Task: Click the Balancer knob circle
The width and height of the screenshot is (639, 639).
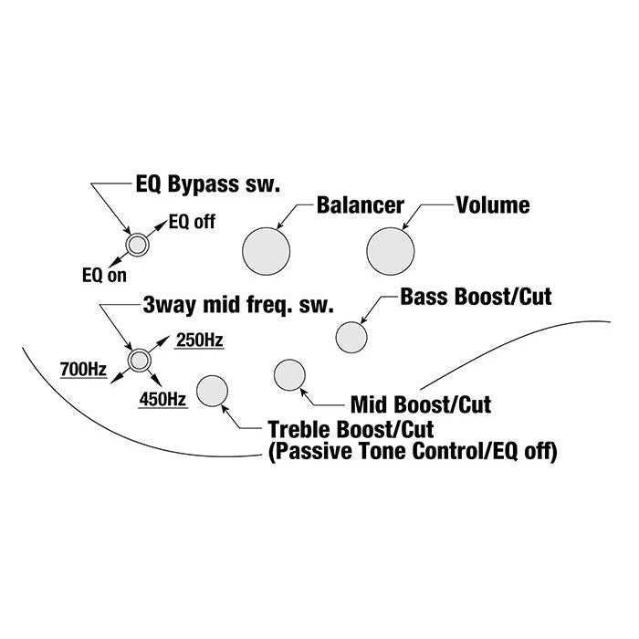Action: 267,248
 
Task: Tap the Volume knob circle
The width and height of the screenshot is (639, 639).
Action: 391,248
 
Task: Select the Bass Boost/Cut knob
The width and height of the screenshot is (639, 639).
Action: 351,337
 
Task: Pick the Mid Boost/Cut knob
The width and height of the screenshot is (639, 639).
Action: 289,375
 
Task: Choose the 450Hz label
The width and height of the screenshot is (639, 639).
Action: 164,398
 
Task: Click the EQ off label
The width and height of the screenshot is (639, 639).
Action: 190,222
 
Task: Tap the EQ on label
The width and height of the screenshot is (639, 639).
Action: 104,274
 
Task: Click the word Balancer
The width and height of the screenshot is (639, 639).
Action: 360,204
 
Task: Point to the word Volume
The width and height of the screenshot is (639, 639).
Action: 492,204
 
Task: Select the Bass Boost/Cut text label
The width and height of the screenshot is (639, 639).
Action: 476,297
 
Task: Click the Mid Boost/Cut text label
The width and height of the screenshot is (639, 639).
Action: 427,402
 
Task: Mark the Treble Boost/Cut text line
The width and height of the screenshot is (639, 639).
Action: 350,428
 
